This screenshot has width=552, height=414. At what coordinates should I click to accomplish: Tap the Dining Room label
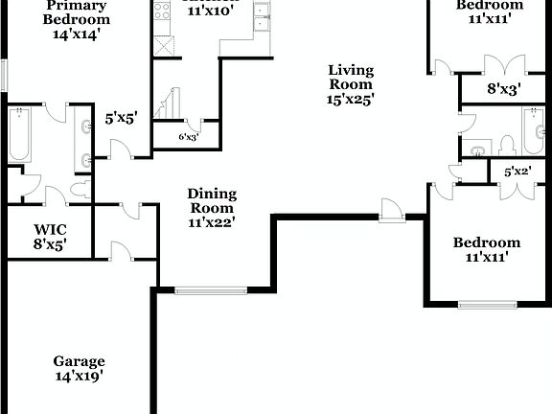(212, 200)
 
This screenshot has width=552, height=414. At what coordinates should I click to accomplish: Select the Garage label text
(79, 361)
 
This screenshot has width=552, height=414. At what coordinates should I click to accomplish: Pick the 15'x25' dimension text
(351, 98)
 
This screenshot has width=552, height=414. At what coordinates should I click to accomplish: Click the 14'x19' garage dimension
(79, 376)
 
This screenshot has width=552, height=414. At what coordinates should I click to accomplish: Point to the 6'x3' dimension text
(189, 136)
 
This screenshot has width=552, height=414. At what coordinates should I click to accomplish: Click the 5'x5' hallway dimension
(121, 120)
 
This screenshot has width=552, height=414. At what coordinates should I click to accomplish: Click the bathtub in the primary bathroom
(19, 135)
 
